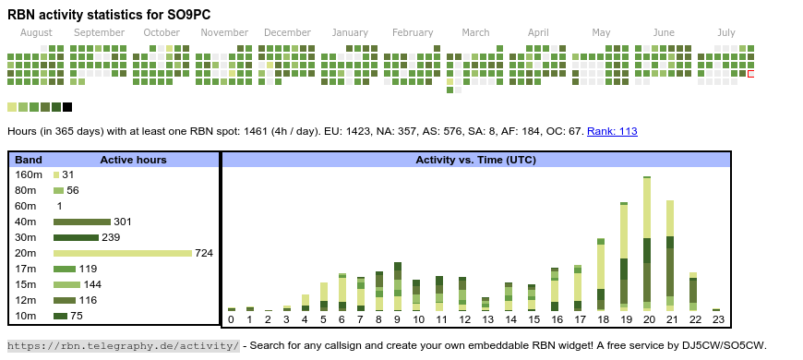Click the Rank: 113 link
[612, 132]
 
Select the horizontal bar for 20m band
[123, 254]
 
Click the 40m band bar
[82, 222]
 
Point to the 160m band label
[29, 175]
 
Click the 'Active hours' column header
[133, 161]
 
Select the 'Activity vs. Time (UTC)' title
[475, 161]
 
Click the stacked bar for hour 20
[647, 244]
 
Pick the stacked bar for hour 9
[398, 287]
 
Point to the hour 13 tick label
[485, 319]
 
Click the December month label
[287, 33]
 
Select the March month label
[475, 33]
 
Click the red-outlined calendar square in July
[750, 74]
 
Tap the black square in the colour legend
[67, 107]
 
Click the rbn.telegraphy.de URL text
[124, 345]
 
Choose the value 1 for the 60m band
[59, 207]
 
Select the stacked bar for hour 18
[601, 275]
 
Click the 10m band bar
[60, 317]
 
